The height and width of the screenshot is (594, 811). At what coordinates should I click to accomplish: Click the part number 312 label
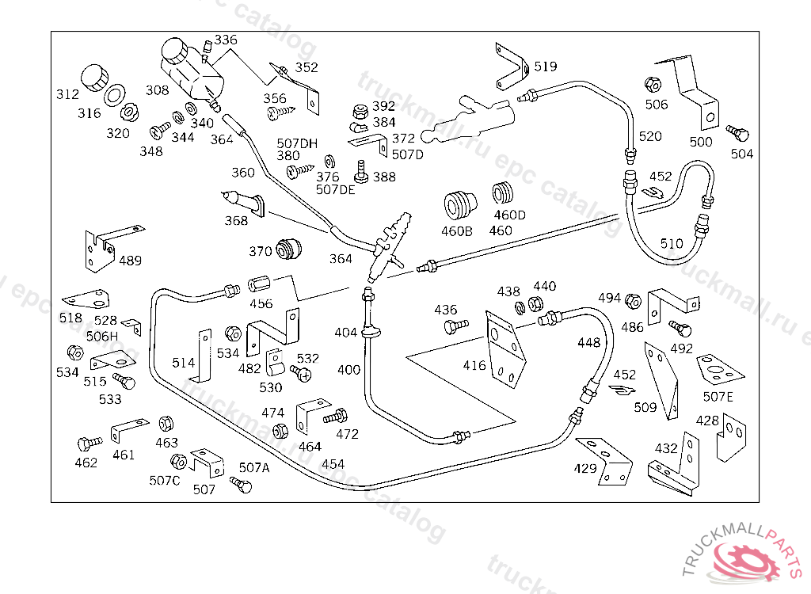pyautogui.click(x=67, y=94)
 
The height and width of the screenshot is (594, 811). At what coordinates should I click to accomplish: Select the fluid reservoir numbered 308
pyautogui.click(x=190, y=67)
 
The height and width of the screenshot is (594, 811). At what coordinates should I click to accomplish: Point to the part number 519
pyautogui.click(x=545, y=67)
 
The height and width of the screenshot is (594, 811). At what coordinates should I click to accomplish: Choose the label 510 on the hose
pyautogui.click(x=671, y=243)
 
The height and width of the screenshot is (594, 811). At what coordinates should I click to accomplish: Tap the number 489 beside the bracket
pyautogui.click(x=130, y=261)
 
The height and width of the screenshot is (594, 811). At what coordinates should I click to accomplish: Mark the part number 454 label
pyautogui.click(x=333, y=463)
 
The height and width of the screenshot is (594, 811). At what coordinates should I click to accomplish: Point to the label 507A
pyautogui.click(x=254, y=467)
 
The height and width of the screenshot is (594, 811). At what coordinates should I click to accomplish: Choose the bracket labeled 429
pyautogui.click(x=606, y=459)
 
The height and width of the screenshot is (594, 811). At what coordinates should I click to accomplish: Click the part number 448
pyautogui.click(x=588, y=342)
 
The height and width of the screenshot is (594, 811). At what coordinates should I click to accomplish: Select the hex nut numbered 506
pyautogui.click(x=653, y=84)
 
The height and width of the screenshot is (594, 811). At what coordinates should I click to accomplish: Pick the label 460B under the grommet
pyautogui.click(x=457, y=231)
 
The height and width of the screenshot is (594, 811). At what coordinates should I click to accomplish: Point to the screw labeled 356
pyautogui.click(x=279, y=112)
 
